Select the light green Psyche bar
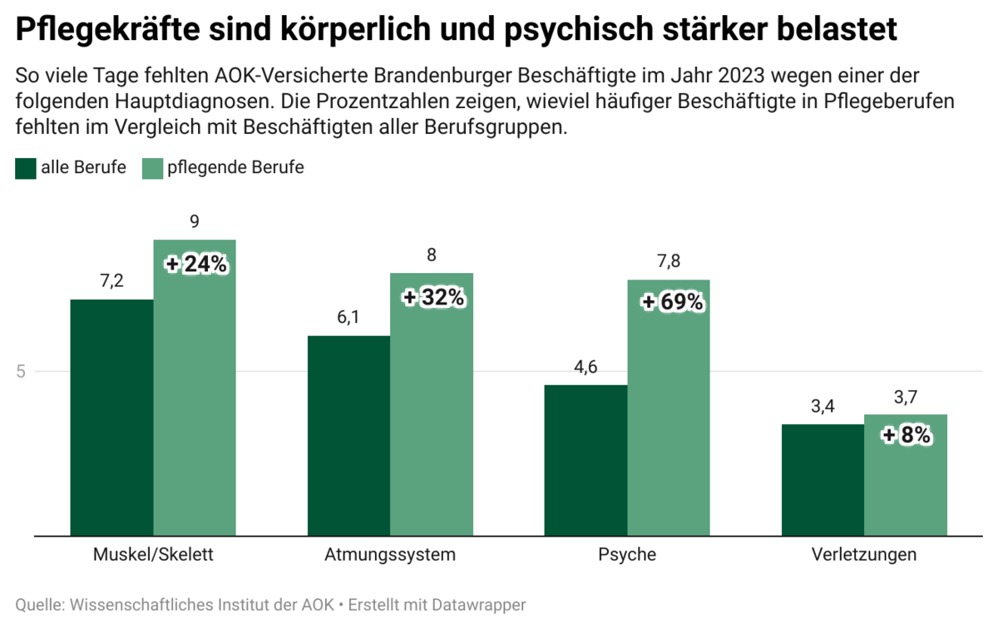[669, 416]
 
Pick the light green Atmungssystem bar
[432, 416]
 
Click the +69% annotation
[673, 303]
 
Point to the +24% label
[196, 265]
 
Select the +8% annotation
[906, 435]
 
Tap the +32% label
[433, 297]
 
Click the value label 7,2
[111, 281]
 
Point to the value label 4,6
[586, 368]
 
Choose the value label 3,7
[906, 398]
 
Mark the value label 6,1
[348, 319]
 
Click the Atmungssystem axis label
[390, 555]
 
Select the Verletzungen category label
[864, 555]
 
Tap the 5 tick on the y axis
[22, 372]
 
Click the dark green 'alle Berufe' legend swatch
[26, 168]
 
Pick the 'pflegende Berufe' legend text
[235, 167]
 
